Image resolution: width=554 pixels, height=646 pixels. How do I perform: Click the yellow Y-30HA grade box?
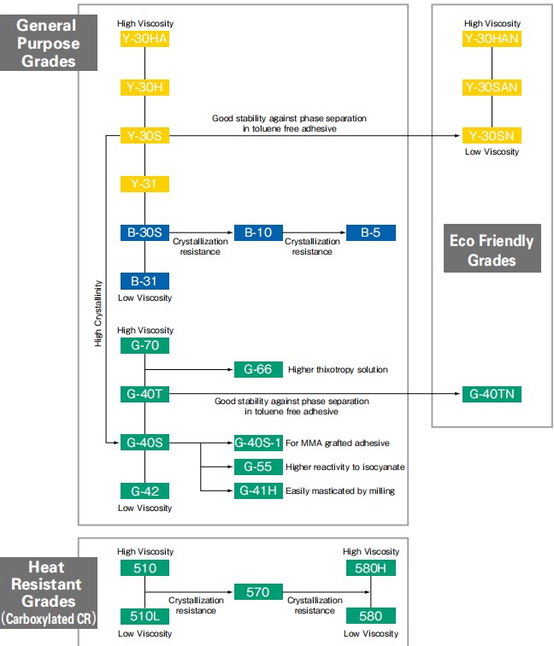144,38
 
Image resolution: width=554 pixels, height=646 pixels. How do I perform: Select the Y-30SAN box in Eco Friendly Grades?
492,87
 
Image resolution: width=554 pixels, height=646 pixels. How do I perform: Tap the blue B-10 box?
258,232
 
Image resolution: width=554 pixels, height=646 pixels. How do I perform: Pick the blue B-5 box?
371,232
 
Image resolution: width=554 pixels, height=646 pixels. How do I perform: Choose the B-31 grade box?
144,281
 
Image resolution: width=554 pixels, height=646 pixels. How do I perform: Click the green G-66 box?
258,369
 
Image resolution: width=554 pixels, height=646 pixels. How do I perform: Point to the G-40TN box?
492,394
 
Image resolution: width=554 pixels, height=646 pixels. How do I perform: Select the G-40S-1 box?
258,443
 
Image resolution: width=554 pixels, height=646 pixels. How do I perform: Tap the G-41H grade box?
258,490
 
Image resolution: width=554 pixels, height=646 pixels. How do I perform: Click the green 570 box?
258,592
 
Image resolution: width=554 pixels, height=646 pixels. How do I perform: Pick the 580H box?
371,568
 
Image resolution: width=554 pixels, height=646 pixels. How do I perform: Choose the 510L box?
144,616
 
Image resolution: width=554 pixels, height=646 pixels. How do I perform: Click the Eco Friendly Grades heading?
492,249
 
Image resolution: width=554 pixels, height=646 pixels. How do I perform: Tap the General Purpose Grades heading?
49,43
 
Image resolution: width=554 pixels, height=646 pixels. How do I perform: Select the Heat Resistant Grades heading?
49,593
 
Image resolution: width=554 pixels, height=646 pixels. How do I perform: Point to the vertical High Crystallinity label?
98,314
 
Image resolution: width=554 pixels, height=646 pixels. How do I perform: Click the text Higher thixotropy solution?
338,369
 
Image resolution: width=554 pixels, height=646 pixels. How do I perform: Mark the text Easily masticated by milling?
340,490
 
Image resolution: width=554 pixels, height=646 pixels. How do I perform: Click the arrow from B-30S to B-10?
201,232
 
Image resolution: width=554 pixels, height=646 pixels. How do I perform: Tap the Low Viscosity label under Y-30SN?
492,151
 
